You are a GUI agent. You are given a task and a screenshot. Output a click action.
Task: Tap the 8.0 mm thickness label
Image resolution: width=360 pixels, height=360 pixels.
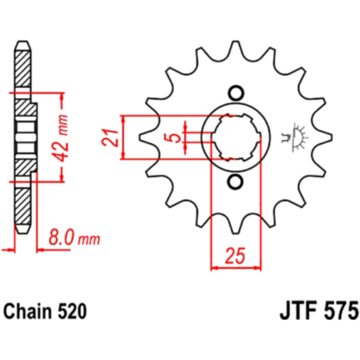tap(74, 239)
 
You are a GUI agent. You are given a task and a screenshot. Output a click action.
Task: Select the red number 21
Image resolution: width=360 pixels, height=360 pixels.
tap(110, 137)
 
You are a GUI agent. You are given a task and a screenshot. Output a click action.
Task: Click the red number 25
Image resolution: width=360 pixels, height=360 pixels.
tap(235, 256)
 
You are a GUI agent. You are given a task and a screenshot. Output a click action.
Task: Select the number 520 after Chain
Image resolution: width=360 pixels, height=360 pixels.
tap(72, 312)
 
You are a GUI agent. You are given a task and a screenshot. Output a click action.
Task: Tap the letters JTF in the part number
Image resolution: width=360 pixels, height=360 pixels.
tap(296, 312)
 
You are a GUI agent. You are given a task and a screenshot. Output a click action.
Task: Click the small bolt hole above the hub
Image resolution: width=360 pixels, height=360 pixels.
tap(235, 93)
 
